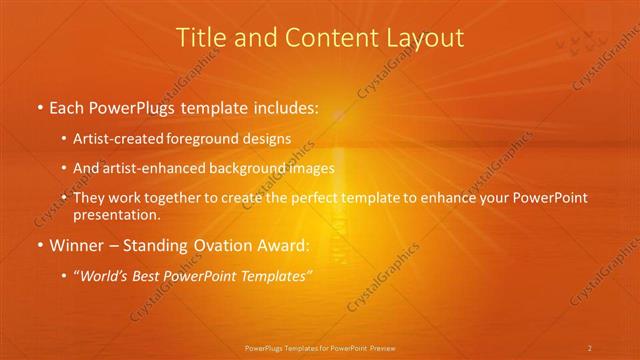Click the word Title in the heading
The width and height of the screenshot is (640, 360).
click(x=200, y=38)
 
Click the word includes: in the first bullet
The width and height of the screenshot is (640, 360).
click(x=279, y=107)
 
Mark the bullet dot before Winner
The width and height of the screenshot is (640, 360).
click(x=39, y=246)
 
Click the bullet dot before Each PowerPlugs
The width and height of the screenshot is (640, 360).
click(x=39, y=108)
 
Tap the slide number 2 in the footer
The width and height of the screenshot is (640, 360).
click(x=590, y=348)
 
